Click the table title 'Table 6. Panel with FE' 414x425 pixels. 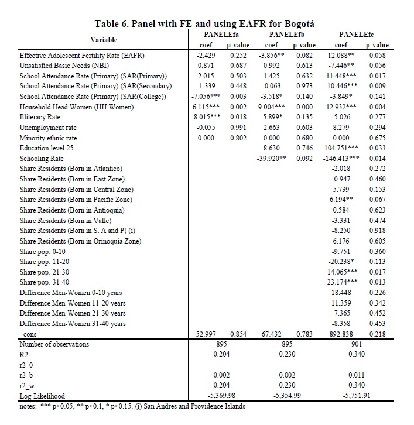click(x=204, y=23)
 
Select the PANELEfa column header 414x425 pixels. click(x=214, y=35)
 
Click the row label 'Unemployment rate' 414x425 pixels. click(x=48, y=128)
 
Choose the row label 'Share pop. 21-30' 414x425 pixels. click(x=44, y=272)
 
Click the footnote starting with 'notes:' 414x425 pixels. click(x=132, y=406)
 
